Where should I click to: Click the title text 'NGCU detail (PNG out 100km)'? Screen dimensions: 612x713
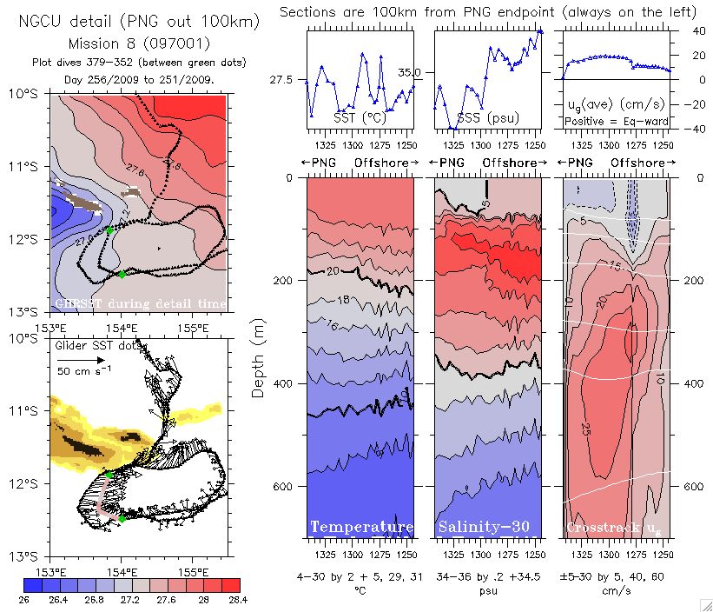(x=139, y=22)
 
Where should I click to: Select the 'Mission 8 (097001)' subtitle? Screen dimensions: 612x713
(x=138, y=43)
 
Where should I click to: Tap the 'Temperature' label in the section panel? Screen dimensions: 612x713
(x=361, y=528)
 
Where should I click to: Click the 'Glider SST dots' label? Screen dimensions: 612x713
(x=94, y=345)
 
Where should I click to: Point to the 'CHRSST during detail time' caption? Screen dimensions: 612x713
(x=140, y=303)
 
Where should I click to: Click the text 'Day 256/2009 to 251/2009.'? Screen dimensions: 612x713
(x=139, y=79)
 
